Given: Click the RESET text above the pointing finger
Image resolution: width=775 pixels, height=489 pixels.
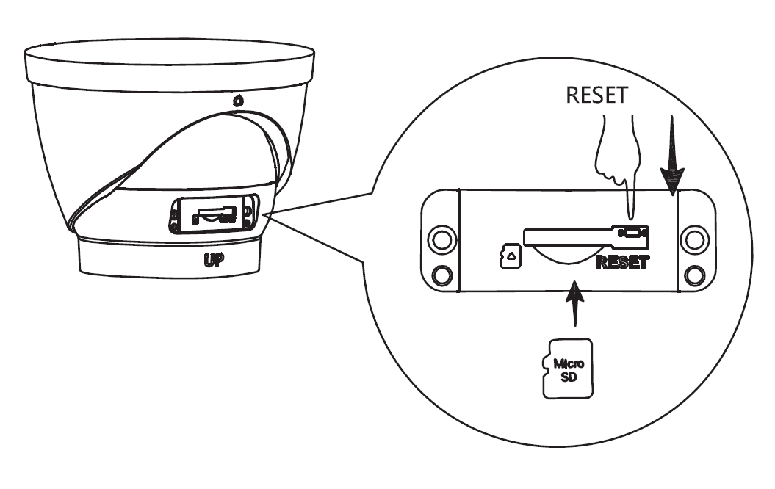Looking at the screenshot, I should tap(599, 97).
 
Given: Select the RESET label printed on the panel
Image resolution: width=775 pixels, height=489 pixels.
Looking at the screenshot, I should tap(623, 262).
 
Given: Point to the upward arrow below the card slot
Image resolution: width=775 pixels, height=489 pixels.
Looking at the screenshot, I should tap(574, 303).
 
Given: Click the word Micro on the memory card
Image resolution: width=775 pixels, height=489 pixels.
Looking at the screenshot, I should tap(569, 363).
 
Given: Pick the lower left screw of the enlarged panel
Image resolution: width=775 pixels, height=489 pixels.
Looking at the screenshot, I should tap(442, 275).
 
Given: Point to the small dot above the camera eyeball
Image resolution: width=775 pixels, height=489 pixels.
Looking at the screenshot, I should tap(237, 101).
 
